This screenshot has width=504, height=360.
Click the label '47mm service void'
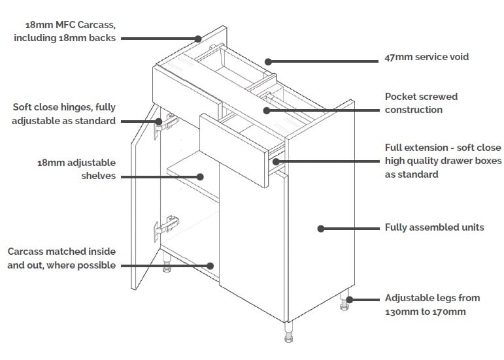pyautogui.click(x=426, y=57)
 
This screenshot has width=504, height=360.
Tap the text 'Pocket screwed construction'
pyautogui.click(x=421, y=103)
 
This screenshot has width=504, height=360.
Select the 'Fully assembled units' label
pyautogui.click(x=434, y=227)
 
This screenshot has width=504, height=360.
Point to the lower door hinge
pyautogui.click(x=166, y=226)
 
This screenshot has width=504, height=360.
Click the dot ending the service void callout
pyautogui.click(x=268, y=61)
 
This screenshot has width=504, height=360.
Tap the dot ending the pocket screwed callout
pyautogui.click(x=266, y=110)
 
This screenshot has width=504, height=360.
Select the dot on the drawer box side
pyautogui.click(x=276, y=161)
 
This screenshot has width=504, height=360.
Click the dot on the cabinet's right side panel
pyautogui.click(x=320, y=228)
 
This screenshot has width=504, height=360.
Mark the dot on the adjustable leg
pyautogui.click(x=350, y=300)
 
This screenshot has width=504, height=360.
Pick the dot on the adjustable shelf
pyautogui.click(x=201, y=176)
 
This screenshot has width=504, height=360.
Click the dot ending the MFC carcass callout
pyautogui.click(x=198, y=39)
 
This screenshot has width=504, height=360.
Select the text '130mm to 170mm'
pyautogui.click(x=426, y=312)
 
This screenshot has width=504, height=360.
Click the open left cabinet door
pyautogui.click(x=146, y=203)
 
